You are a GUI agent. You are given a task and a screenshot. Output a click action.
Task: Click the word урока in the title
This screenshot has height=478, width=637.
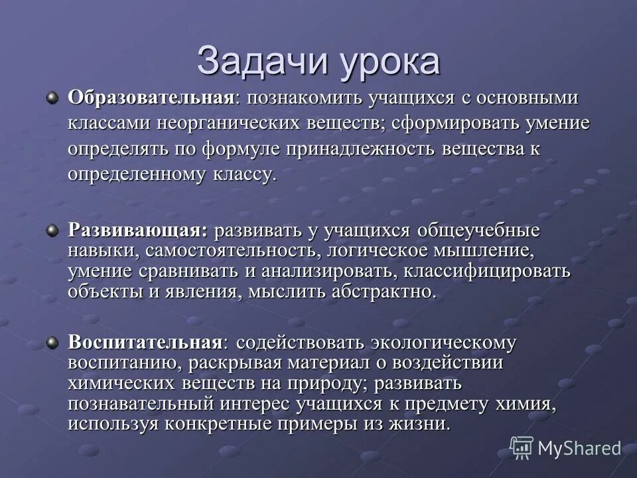[x=391, y=62]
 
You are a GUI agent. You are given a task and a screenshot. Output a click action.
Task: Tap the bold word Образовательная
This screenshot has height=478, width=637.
[x=151, y=98]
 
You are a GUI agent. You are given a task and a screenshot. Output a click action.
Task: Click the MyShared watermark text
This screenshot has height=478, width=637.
[x=579, y=448]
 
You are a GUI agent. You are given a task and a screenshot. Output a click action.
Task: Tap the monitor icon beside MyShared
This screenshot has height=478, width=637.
[x=522, y=448]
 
